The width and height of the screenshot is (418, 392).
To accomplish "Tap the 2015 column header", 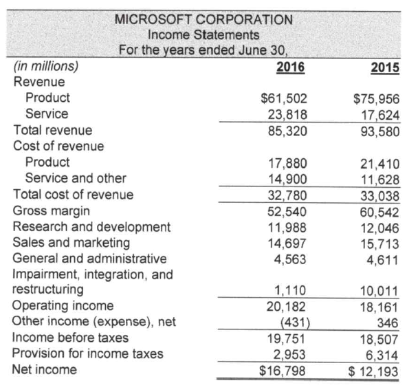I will coord(384,67).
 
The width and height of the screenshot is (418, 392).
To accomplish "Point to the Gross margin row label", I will coord(49,210).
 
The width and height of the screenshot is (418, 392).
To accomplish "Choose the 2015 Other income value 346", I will coord(389,322).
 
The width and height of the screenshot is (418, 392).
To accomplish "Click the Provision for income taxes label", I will coord(88,353).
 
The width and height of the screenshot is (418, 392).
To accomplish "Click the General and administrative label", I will coord(89,259).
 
